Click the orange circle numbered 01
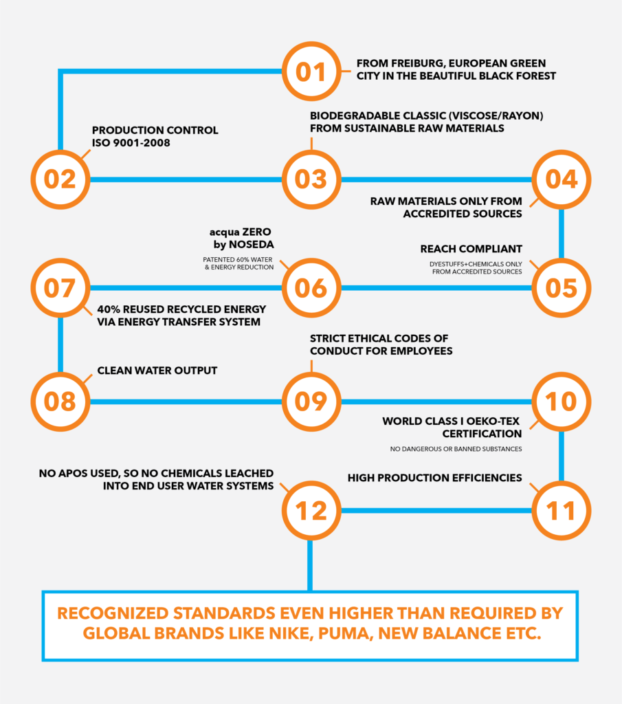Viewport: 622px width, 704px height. pos(311,71)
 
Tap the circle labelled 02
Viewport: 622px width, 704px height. pos(60,179)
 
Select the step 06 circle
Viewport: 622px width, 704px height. pos(311,288)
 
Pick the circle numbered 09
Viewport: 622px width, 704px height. pos(311,401)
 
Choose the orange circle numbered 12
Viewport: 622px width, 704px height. pos(311,511)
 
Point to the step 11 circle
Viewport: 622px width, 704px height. pos(561,511)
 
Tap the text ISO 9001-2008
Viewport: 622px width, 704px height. pos(131,143)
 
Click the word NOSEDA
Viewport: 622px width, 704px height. pos(252,245)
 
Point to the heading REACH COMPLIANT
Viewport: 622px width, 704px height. pos(471,249)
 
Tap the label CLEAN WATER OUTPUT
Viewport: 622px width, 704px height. pos(157,371)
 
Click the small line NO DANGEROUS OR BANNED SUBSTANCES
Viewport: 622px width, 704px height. pos(456,449)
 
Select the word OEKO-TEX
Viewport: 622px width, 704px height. pos(493,421)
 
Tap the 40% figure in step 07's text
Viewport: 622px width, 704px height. pos(109,309)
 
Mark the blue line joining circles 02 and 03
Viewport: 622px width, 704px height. pos(186,179)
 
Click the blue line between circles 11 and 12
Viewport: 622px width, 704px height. pos(436,511)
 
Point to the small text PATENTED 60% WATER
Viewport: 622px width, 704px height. pos(237,259)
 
